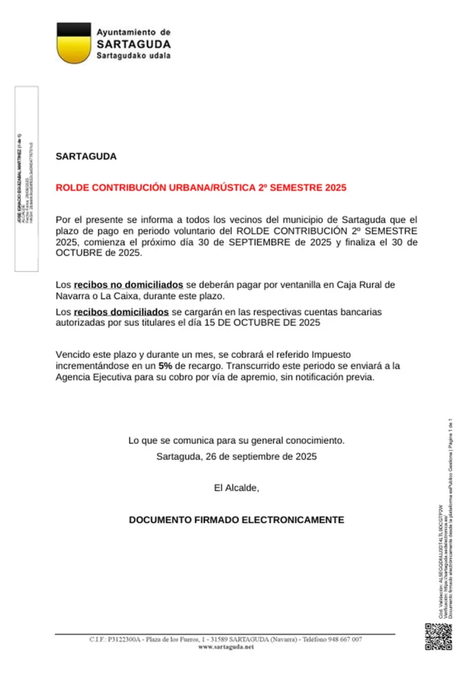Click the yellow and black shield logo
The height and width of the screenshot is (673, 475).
tap(73, 43)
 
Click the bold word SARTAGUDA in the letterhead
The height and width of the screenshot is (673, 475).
tap(134, 44)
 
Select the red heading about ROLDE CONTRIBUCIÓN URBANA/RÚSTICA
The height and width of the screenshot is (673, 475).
tap(201, 188)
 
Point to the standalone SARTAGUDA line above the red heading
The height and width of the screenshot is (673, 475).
tap(86, 157)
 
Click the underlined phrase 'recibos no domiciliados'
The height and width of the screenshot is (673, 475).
tap(129, 285)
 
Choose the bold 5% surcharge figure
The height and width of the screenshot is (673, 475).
tap(166, 367)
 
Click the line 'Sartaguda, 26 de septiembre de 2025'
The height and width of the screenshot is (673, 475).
tap(236, 456)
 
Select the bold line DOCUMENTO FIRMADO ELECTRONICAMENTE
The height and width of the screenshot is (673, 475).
tap(236, 520)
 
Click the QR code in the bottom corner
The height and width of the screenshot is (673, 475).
tap(438, 638)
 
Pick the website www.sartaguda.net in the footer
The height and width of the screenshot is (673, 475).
tap(225, 646)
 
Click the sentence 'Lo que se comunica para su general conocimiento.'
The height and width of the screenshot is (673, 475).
tap(236, 440)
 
